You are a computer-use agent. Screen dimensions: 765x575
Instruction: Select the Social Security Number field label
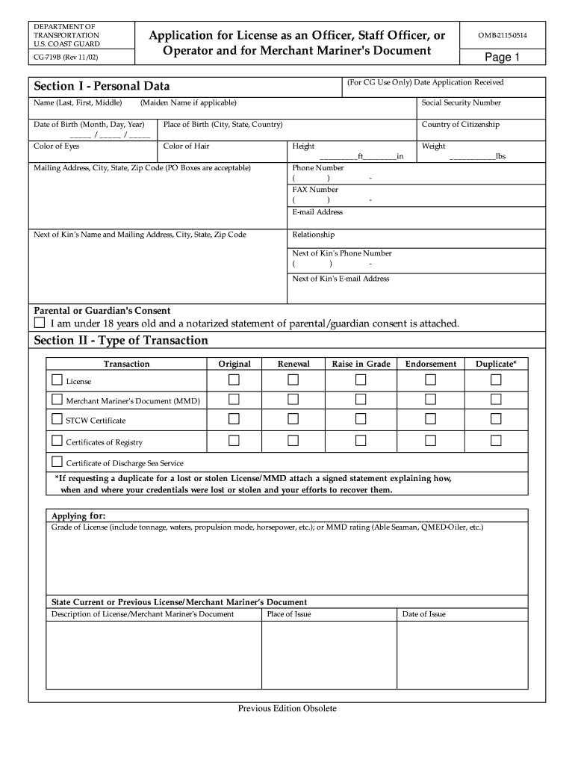click(x=461, y=103)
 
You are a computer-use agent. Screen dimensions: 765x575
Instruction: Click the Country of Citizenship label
click(x=461, y=125)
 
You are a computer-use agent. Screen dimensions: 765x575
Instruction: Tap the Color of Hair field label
click(x=187, y=146)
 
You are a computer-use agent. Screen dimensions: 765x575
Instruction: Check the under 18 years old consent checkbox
click(x=40, y=323)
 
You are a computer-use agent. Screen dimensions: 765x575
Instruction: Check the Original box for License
click(x=234, y=380)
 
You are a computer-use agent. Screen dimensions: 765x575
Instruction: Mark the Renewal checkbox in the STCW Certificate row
click(x=293, y=419)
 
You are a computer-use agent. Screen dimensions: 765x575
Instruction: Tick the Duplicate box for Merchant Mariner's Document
click(x=496, y=400)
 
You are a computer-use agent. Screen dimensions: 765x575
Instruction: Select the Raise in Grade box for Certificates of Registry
click(x=361, y=440)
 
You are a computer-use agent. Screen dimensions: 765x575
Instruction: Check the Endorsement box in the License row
click(x=430, y=380)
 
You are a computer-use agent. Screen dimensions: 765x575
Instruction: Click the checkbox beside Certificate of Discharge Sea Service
click(x=57, y=461)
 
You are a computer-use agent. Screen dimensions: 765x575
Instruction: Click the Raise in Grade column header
click(x=361, y=364)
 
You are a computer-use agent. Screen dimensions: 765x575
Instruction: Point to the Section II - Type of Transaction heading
click(x=121, y=341)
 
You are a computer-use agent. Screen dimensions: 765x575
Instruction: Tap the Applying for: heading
click(x=78, y=516)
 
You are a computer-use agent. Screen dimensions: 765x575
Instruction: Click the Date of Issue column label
click(x=423, y=614)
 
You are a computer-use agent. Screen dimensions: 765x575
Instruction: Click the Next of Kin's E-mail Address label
click(x=341, y=279)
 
